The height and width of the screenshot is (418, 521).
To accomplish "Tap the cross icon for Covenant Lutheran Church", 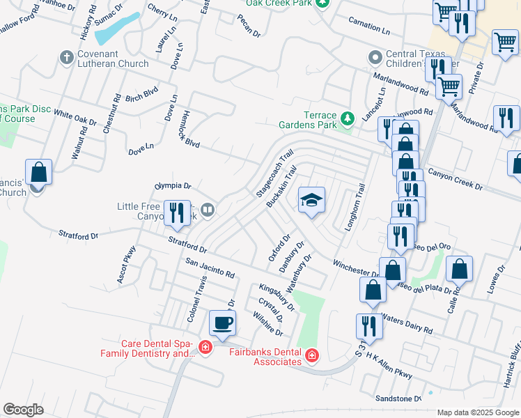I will click(x=67, y=57).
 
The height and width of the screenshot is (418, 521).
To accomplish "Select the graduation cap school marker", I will click(x=311, y=201).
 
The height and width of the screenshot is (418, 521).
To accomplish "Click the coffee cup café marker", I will click(x=223, y=323).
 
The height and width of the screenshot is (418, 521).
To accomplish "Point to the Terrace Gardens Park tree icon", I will click(x=348, y=121).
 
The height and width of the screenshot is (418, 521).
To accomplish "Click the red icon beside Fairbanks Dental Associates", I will click(x=312, y=357).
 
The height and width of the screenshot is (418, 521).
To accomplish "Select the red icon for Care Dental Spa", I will click(x=205, y=347).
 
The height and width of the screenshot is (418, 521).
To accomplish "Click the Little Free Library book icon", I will click(x=207, y=209).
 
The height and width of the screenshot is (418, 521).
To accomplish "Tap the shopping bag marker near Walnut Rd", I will click(x=39, y=173).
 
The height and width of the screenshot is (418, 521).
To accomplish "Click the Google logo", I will click(x=24, y=410).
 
